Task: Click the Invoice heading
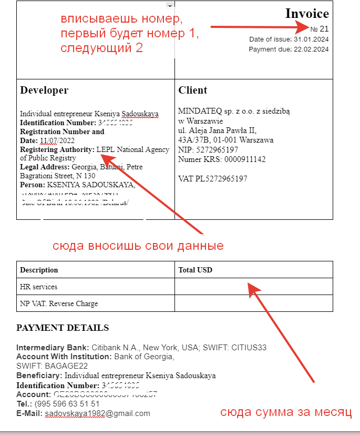click(307, 14)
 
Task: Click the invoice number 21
click(324, 28)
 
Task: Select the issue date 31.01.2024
click(311, 39)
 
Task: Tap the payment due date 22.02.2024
click(311, 49)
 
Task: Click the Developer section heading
click(44, 90)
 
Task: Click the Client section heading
click(193, 90)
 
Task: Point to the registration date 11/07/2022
click(57, 140)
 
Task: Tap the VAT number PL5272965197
click(221, 179)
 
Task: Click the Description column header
click(39, 270)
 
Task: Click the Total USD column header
click(196, 270)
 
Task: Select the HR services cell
click(38, 287)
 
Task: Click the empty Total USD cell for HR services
click(254, 287)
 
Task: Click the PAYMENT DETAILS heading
click(63, 328)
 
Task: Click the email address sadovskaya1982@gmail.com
click(98, 413)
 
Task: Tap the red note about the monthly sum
click(285, 412)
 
